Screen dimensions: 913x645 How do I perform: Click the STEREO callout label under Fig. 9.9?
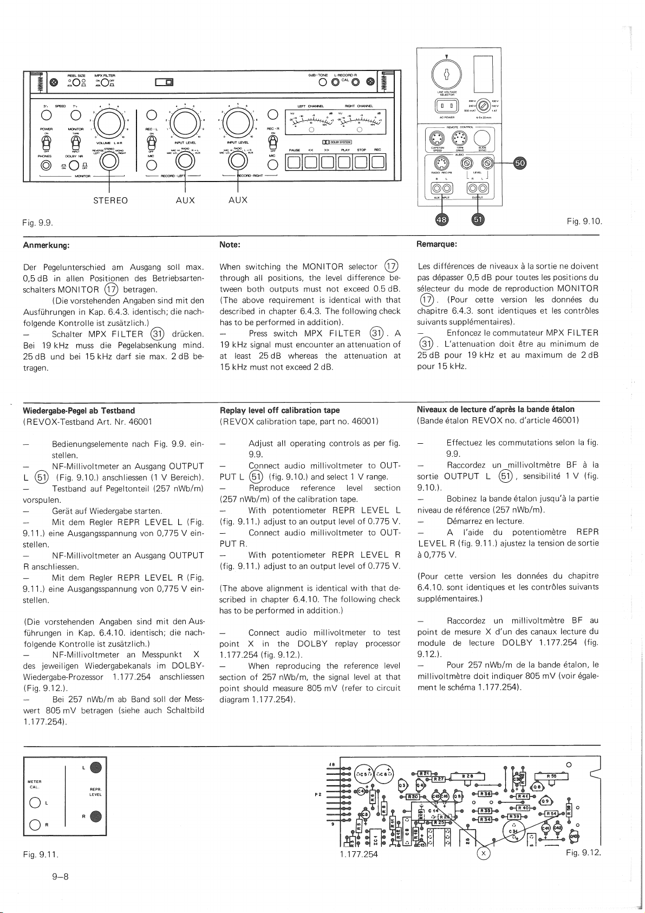point(110,200)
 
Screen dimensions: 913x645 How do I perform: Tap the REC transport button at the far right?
point(378,162)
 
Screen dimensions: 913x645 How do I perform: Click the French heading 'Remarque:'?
point(437,245)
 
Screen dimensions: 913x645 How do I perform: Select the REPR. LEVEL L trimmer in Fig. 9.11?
point(95,767)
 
